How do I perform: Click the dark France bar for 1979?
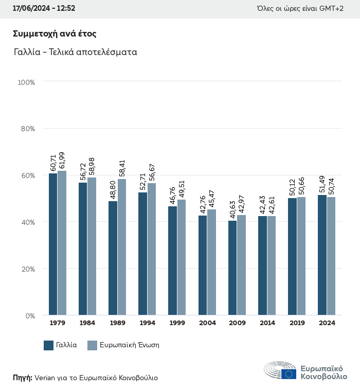(53, 244)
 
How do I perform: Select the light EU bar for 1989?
(122, 247)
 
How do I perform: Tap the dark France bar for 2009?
(232, 268)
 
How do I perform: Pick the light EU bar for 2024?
(331, 256)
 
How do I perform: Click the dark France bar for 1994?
(142, 254)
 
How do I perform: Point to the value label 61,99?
(62, 161)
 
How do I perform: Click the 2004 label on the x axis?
(207, 323)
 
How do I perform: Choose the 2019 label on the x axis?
(297, 323)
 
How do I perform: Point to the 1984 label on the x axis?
(87, 323)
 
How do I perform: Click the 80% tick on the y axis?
(26, 129)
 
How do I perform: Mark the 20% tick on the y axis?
(26, 269)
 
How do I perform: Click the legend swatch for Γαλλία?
(49, 345)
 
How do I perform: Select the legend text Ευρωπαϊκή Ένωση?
(130, 345)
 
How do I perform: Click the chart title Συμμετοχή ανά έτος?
(55, 34)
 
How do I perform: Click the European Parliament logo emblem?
(280, 370)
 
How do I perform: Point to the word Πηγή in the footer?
(22, 378)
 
